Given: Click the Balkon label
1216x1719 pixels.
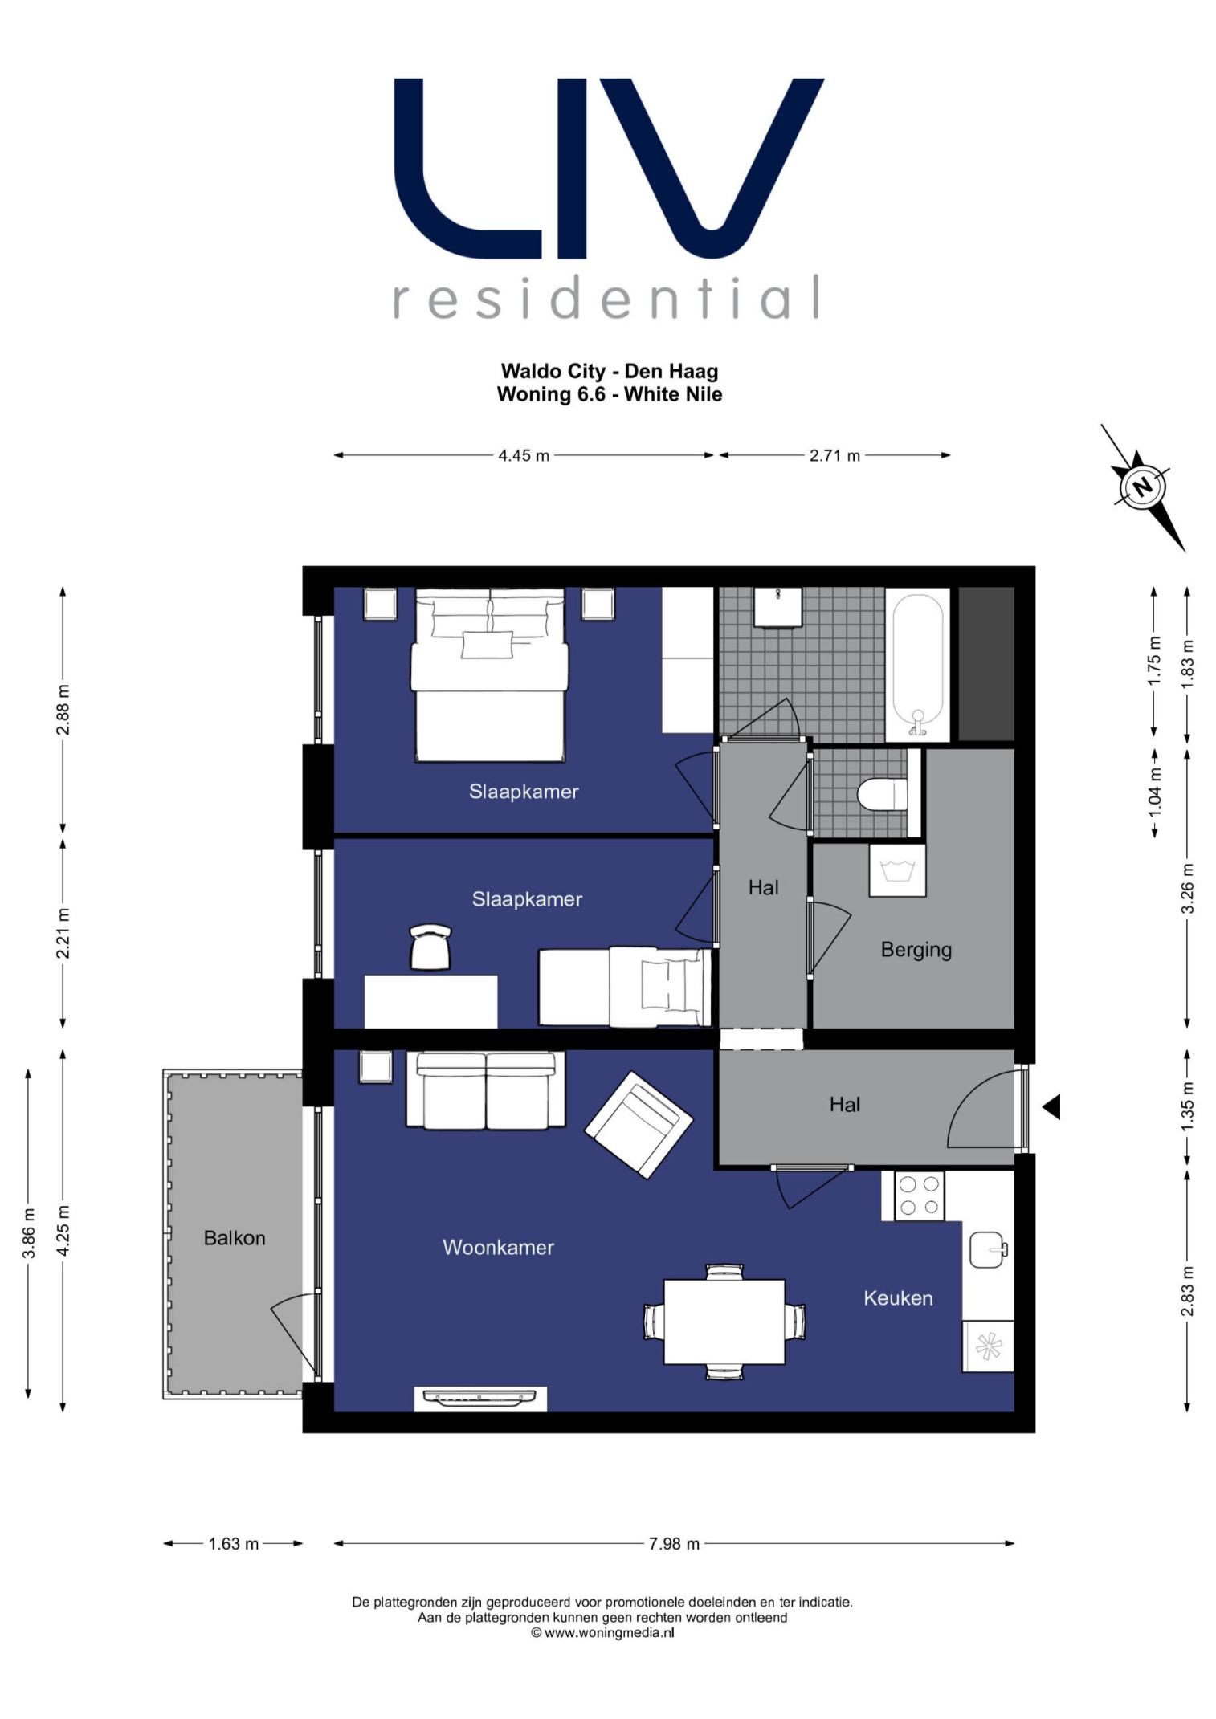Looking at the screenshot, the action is point(234,1237).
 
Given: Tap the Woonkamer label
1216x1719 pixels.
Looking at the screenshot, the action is point(498,1247).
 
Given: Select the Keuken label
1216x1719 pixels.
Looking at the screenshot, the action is point(898,1298).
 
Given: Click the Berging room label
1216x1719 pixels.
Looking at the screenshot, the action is point(916,950).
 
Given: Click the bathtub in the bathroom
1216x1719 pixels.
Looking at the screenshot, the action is point(917,664).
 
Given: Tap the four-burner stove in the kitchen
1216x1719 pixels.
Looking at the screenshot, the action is point(919,1196).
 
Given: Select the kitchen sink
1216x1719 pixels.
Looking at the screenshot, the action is point(988,1250).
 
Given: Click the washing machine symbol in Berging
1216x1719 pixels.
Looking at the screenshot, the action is point(897,870).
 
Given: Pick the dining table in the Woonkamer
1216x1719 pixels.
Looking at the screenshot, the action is point(724,1322).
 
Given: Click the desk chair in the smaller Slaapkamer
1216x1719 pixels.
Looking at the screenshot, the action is point(430,947).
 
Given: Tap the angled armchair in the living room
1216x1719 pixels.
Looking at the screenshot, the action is point(639,1125).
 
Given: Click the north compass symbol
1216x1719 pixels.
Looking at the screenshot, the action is point(1142,487).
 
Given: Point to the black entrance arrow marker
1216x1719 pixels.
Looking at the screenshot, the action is point(1051,1107).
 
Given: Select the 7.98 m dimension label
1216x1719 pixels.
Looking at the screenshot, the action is point(674,1543).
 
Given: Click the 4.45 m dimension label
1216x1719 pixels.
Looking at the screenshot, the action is point(524,455).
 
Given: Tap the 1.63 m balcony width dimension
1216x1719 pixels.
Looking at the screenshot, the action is point(234,1543).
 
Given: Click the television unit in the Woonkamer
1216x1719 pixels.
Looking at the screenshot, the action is point(480,1398).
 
